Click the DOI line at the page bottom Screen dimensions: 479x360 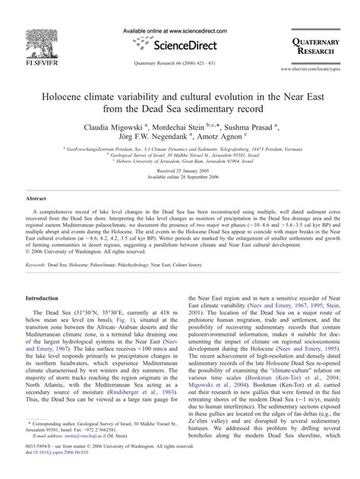(x=60, y=470)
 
